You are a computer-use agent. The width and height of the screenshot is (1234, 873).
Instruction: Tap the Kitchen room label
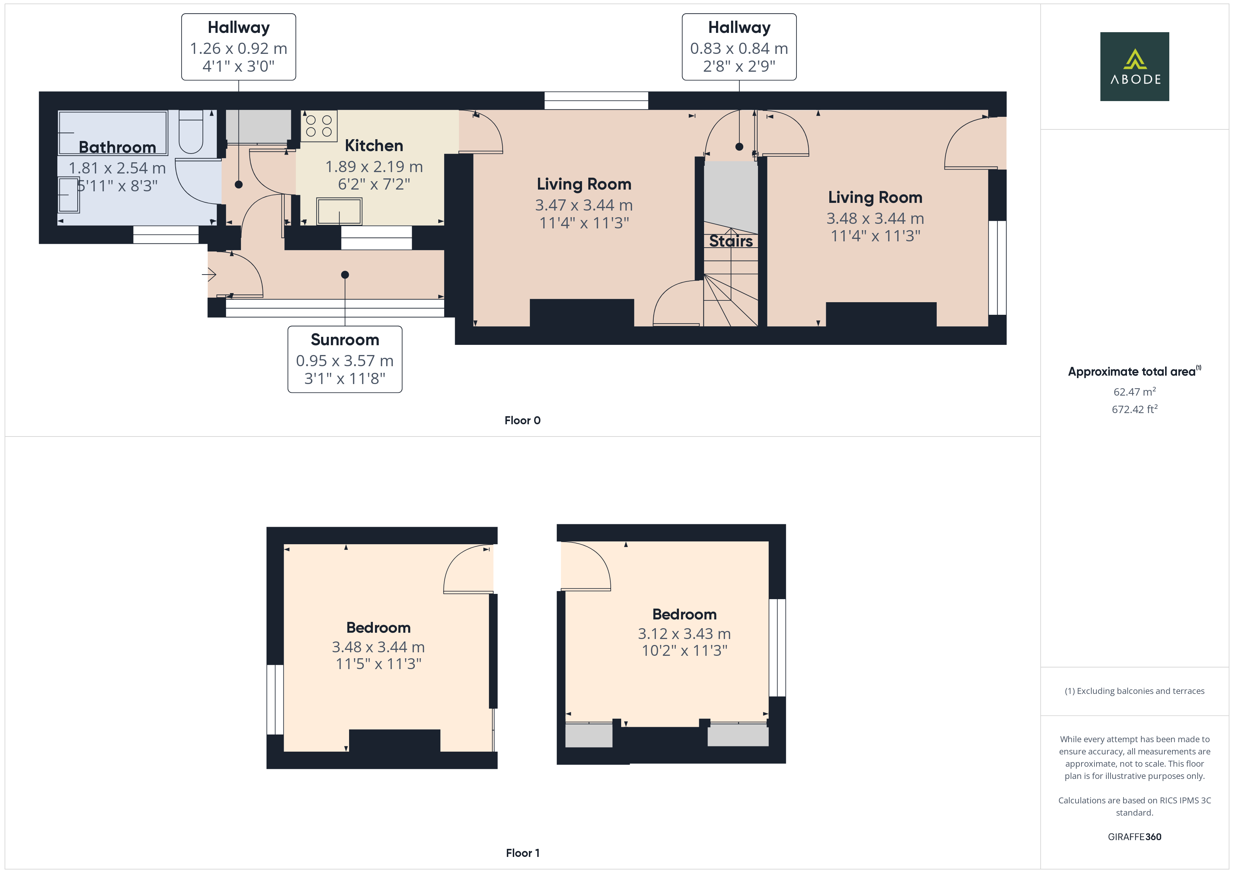click(374, 146)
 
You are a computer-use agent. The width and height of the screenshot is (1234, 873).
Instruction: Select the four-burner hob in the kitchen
click(319, 126)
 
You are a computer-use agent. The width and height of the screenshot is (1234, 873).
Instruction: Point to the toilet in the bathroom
click(190, 132)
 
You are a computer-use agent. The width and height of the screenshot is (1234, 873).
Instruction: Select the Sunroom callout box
click(345, 359)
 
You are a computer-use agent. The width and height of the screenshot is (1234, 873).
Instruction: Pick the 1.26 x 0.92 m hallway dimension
click(238, 48)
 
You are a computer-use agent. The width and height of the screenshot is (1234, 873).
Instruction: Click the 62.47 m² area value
click(1134, 392)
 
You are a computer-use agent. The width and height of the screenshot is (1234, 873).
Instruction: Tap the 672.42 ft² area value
click(1134, 410)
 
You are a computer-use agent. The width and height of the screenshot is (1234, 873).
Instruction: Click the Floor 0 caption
click(522, 420)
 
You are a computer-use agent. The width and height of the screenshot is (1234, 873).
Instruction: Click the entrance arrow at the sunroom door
click(209, 275)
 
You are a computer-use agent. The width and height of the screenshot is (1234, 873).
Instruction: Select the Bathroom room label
click(117, 147)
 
